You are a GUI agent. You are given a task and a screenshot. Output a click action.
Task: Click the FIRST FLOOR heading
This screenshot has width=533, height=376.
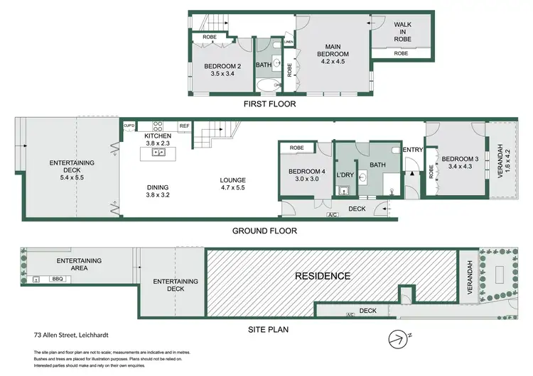(x=270, y=104)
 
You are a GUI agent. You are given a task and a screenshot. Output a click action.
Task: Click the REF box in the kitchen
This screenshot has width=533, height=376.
(x=184, y=126)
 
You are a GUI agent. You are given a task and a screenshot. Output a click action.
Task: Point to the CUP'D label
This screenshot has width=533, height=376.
(x=129, y=126)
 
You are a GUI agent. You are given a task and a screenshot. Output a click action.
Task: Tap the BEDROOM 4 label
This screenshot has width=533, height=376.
(x=307, y=172)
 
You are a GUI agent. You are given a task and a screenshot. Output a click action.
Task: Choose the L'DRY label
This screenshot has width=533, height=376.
(x=345, y=175)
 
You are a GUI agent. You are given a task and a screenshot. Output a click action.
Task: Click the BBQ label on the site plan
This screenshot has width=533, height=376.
(x=58, y=279)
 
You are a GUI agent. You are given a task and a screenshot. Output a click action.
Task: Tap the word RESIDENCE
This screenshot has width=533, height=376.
(x=323, y=276)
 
